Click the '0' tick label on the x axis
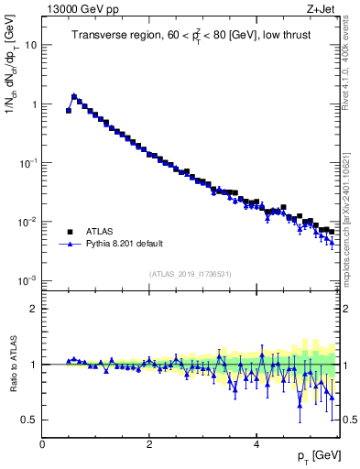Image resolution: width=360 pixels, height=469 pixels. pos(42,446)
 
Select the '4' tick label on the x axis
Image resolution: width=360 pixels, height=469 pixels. pos(256,446)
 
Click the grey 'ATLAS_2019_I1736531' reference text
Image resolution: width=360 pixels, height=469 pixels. pos(189,274)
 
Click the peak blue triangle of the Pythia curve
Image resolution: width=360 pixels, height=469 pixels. pos(74,95)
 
